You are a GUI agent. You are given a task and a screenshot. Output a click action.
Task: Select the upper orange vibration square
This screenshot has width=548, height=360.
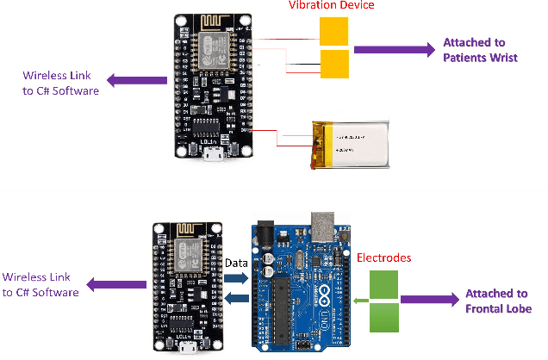click(x=333, y=33)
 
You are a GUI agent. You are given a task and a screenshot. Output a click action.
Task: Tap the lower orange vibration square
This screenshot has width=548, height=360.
click(x=333, y=64)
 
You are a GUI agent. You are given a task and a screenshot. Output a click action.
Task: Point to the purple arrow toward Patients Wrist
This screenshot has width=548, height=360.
click(x=392, y=49)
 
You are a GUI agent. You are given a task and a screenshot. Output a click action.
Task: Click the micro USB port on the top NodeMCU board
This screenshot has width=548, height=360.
click(x=211, y=156)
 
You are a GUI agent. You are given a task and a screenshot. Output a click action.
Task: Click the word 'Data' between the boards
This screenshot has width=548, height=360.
click(x=236, y=261)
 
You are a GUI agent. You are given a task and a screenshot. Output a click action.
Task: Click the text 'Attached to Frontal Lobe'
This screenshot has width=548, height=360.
click(x=498, y=301)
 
